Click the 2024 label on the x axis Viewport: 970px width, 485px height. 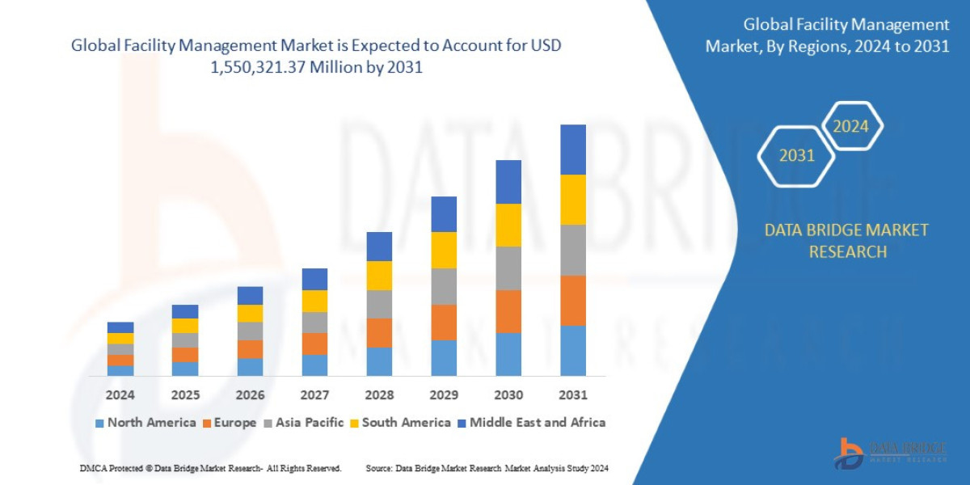pos(120,395)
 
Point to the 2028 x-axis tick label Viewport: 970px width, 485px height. pos(379,395)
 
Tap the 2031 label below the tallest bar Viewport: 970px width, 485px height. pos(572,395)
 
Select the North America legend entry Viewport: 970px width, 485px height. pos(145,422)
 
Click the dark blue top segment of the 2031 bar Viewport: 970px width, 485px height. pos(572,150)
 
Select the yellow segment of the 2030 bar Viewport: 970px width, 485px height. pos(508,225)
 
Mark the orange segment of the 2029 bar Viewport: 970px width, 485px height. pos(444,322)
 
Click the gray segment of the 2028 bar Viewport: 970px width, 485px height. pos(379,304)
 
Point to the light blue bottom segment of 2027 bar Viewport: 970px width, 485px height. pos(314,365)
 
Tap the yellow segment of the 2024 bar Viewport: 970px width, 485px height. pos(120,338)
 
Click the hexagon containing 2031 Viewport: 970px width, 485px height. pos(796,155)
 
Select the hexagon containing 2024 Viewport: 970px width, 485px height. pos(850,126)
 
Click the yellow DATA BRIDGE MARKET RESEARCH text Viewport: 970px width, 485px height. pos(846,241)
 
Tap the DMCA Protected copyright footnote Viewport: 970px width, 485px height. pos(210,468)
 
